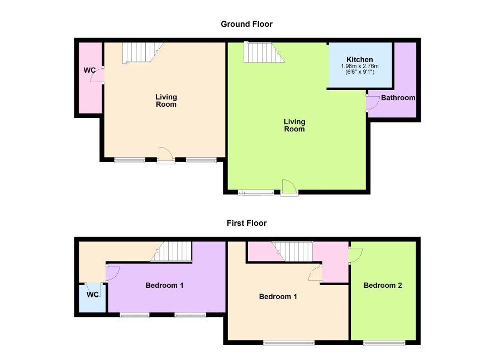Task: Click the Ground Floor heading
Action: tap(246, 24)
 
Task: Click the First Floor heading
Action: tap(246, 223)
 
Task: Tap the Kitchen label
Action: tap(360, 59)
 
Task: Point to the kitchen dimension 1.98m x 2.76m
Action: tap(360, 67)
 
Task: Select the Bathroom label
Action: tap(398, 98)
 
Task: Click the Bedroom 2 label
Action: tap(383, 286)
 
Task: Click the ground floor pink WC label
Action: tap(89, 70)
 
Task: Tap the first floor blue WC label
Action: tap(93, 295)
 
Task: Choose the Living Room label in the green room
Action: tap(294, 125)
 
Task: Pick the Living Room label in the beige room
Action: tap(166, 101)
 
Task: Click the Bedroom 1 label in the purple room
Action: tap(164, 286)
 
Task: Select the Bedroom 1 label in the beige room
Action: tap(278, 296)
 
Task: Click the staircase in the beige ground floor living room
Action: tap(142, 53)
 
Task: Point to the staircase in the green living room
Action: tap(264, 52)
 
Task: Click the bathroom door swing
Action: tap(373, 103)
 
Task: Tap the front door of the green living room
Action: tap(289, 188)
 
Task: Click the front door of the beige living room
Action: tap(166, 155)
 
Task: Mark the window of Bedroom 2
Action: tap(384, 343)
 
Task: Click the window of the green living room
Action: tap(256, 192)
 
